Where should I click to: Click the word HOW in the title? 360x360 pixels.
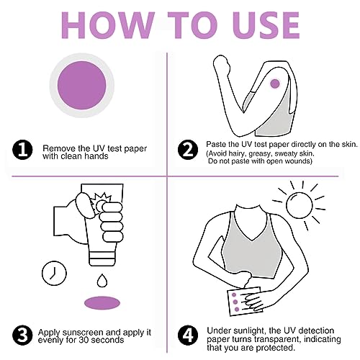click(x=108, y=25)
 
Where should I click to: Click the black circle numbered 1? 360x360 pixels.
click(x=22, y=150)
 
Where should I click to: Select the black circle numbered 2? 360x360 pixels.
click(x=188, y=150)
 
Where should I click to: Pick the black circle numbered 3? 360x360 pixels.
click(x=22, y=336)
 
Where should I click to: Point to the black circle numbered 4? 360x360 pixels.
click(x=188, y=336)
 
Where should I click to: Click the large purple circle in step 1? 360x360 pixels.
click(x=82, y=85)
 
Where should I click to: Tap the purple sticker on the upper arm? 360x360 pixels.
click(x=275, y=84)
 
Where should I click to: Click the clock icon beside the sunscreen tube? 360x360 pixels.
click(x=54, y=273)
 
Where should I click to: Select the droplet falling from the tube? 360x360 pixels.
click(x=102, y=280)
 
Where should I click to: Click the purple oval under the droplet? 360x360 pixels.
click(x=102, y=303)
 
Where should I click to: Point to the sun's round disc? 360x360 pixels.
click(x=300, y=205)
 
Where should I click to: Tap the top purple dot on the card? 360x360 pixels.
click(x=234, y=294)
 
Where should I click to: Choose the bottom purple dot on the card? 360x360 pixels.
click(x=237, y=310)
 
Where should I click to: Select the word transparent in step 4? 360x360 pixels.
click(x=278, y=339)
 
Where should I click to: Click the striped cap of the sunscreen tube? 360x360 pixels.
click(x=102, y=258)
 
